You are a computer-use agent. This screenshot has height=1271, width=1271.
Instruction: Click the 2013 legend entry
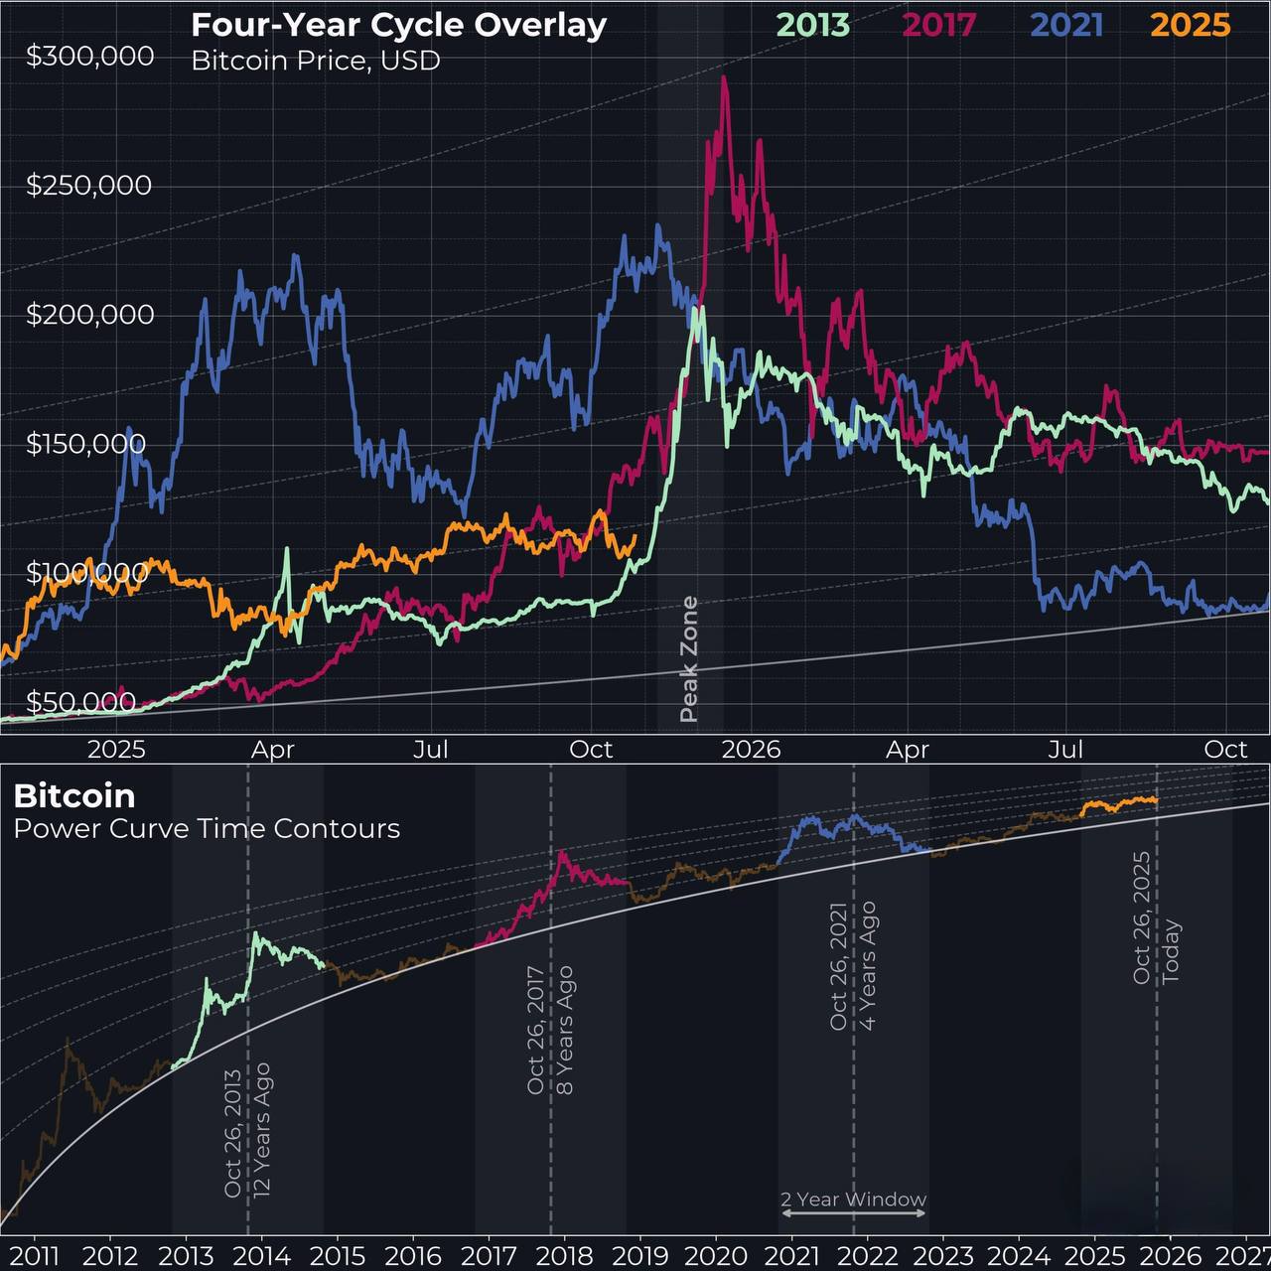[812, 25]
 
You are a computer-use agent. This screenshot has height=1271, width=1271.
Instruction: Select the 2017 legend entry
[939, 25]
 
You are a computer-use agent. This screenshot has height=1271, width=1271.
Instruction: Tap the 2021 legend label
[1066, 25]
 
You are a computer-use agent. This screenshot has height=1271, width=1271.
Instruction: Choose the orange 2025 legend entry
[1191, 25]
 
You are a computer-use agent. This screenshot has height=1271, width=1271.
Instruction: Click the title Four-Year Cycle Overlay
[398, 24]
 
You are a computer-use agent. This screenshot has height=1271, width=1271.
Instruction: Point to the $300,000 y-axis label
[89, 57]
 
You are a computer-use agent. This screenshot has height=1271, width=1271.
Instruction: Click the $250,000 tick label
[89, 186]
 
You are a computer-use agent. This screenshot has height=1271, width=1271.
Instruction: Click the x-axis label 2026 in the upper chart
[751, 749]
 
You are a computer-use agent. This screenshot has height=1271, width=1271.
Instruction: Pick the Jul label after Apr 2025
[432, 749]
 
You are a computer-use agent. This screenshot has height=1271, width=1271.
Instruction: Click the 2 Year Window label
[853, 1200]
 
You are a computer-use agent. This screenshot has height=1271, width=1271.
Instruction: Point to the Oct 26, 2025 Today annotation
[1156, 918]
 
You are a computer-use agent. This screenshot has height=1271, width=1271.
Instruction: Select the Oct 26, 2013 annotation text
[247, 1132]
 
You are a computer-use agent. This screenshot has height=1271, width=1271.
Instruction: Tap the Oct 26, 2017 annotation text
[550, 1030]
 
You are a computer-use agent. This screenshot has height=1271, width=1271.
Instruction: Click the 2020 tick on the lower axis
[716, 1255]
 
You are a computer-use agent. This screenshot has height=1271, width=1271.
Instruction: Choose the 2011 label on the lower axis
[35, 1255]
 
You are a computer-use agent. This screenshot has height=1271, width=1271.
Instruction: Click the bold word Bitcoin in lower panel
[74, 795]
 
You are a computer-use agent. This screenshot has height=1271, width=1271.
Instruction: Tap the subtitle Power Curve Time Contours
[207, 828]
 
